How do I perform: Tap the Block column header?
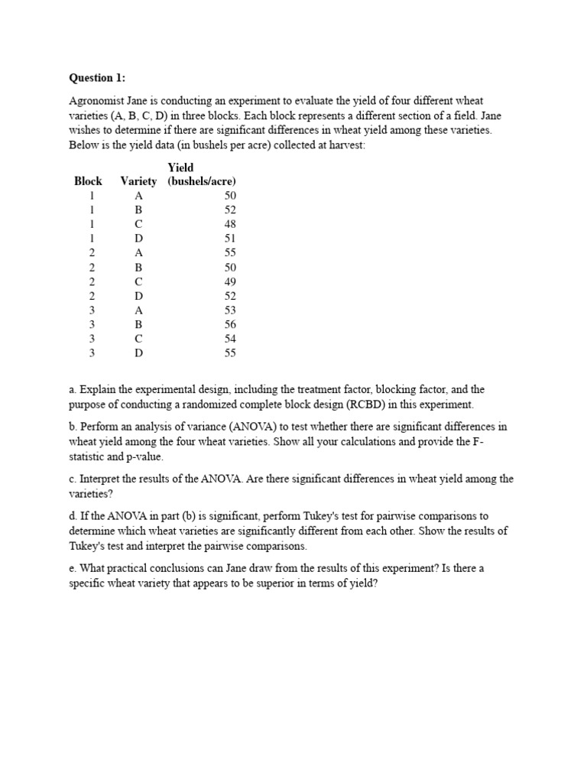click(88, 181)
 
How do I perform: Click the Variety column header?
click(138, 181)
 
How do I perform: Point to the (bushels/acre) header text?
click(202, 181)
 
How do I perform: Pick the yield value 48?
click(230, 224)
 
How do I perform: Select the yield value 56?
click(230, 324)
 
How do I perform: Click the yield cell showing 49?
click(230, 281)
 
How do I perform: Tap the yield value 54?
click(230, 339)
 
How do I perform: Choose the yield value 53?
click(230, 310)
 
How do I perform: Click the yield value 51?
click(230, 239)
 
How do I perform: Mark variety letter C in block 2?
click(138, 281)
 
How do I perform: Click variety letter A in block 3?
click(138, 310)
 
